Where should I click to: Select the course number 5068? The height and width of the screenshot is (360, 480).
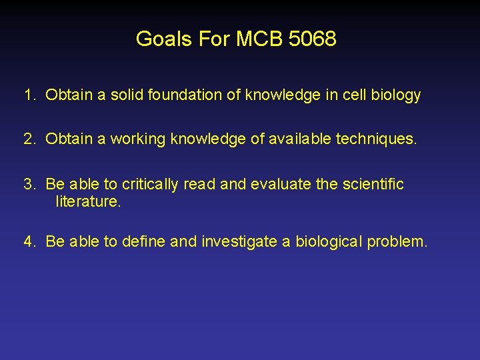tap(313, 39)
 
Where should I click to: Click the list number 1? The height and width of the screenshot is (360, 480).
tap(28, 95)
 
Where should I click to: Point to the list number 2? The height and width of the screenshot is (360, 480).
tap(28, 139)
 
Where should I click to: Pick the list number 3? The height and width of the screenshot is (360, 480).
tap(28, 184)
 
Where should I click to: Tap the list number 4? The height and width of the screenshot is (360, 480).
tap(28, 241)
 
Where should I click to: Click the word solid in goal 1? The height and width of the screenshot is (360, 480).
tap(126, 95)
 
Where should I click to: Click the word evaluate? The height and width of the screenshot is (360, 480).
tap(281, 184)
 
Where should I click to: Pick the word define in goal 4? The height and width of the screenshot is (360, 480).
tap(144, 241)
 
